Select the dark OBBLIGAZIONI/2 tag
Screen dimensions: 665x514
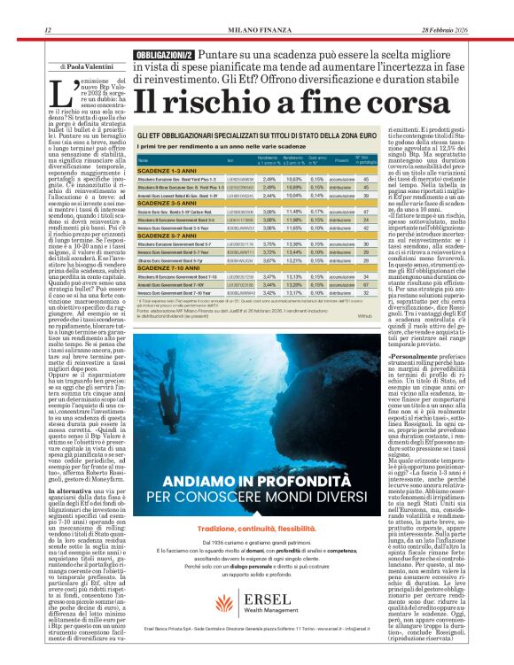pos(163,55)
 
